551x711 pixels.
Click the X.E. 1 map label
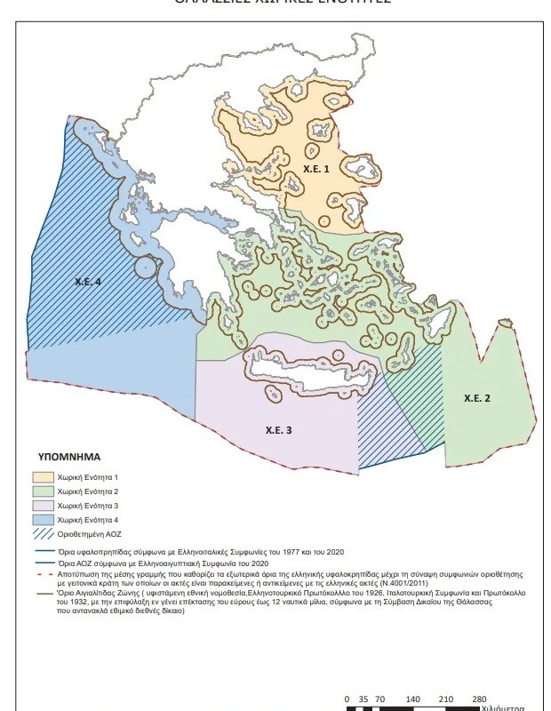coord(315,167)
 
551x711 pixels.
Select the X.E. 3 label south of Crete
coord(278,430)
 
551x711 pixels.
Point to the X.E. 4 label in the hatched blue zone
coord(87,281)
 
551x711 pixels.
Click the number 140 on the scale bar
coord(413,699)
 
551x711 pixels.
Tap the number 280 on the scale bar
coord(480,699)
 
